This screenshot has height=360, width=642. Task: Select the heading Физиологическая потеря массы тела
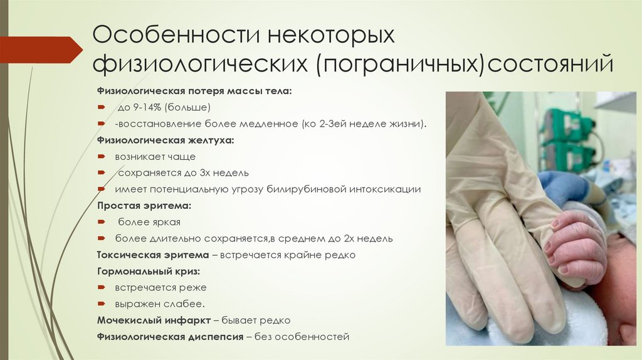coord(194,91)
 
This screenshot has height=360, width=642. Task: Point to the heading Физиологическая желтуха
coord(166,140)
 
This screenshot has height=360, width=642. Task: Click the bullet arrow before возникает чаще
coord(102,156)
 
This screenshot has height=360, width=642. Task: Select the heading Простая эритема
coord(144,205)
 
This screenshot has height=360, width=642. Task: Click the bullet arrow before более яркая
coord(102,222)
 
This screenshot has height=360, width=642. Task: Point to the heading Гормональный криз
coord(148,271)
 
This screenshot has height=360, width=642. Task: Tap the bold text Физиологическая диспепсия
coord(170,337)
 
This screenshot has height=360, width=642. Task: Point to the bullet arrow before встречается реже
coord(102,287)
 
